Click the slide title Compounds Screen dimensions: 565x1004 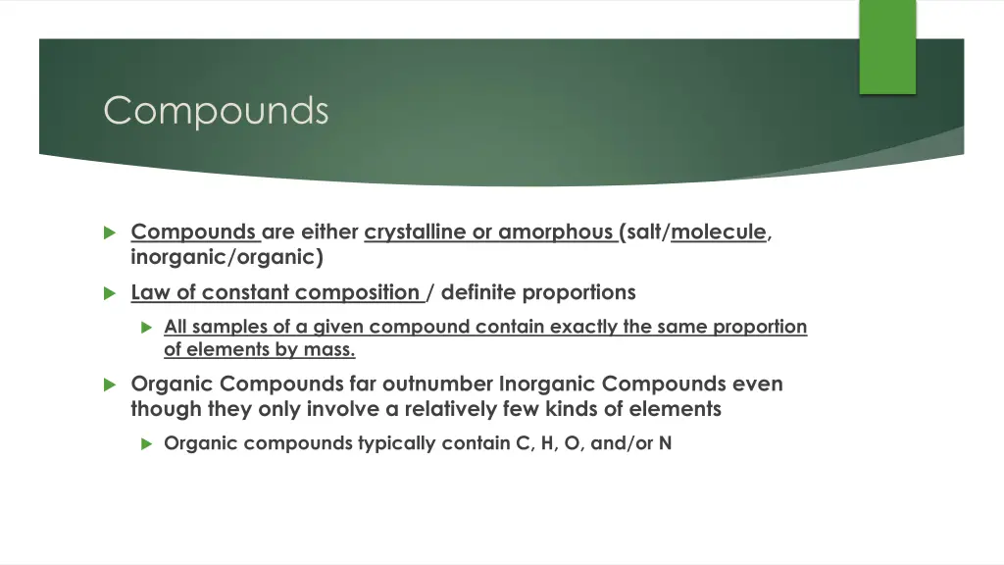pos(216,110)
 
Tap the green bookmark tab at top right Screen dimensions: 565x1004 pos(887,46)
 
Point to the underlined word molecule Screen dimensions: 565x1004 pos(719,232)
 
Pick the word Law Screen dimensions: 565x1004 pos(150,292)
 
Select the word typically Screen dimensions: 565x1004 pos(397,443)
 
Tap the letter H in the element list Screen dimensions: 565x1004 pos(547,443)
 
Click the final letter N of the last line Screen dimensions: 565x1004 pos(665,443)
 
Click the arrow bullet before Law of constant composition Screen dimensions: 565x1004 pos(110,293)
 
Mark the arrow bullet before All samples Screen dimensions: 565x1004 pos(146,328)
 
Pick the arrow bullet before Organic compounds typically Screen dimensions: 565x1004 pos(146,443)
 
